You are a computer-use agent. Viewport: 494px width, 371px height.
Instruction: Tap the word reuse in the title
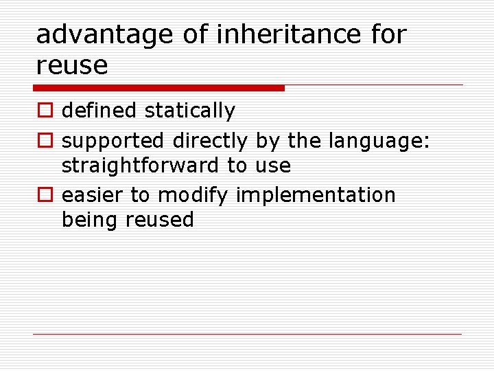tap(72, 65)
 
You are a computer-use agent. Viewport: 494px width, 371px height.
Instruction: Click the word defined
tap(100, 111)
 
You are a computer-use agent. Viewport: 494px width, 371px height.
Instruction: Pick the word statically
tap(190, 111)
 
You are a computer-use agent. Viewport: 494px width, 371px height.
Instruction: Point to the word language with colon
tap(379, 141)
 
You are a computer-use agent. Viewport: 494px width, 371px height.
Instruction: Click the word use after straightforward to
tap(273, 166)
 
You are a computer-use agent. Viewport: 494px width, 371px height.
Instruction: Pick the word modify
tap(193, 196)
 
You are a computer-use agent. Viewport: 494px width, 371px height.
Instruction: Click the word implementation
tap(316, 196)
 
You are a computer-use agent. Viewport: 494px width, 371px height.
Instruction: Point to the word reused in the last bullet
tap(161, 220)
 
